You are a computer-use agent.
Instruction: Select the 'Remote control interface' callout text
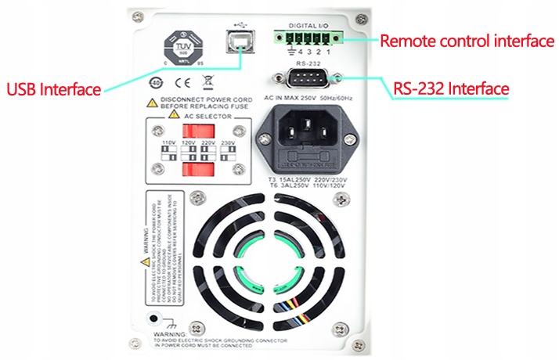pos(467,41)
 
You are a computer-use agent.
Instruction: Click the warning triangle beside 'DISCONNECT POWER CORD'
pos(150,103)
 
